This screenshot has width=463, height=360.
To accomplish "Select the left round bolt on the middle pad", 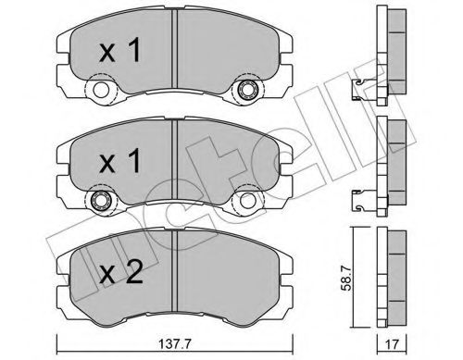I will coord(97,203).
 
